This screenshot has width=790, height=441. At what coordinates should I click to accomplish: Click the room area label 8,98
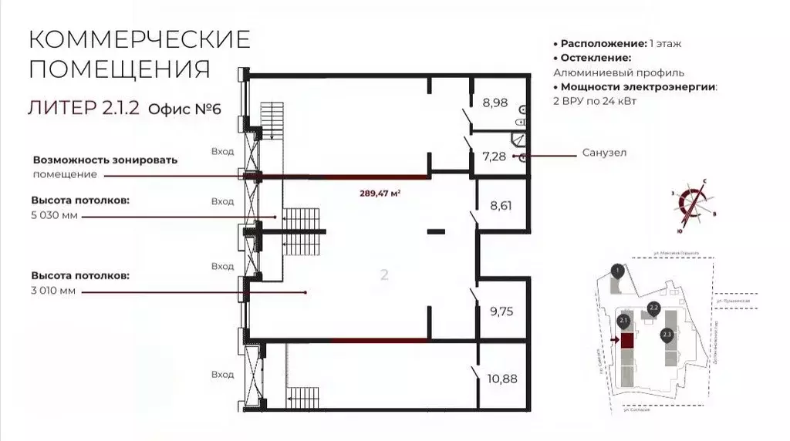(495, 102)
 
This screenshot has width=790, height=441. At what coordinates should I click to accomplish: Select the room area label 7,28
(495, 157)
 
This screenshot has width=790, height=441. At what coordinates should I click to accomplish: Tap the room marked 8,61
(501, 206)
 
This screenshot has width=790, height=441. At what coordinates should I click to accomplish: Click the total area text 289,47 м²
(380, 194)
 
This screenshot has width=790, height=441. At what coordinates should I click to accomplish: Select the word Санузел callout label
(605, 153)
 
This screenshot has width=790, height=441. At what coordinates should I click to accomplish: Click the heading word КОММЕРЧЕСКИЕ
(140, 39)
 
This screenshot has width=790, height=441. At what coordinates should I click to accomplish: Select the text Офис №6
(184, 109)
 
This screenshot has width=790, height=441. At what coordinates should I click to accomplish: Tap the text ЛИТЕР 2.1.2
(83, 108)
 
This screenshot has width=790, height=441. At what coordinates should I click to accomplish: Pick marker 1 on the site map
(616, 270)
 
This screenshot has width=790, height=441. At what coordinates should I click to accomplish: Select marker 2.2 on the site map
(653, 307)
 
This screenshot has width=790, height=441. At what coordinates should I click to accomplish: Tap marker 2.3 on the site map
(667, 334)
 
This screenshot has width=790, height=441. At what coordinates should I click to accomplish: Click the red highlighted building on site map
(628, 340)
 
